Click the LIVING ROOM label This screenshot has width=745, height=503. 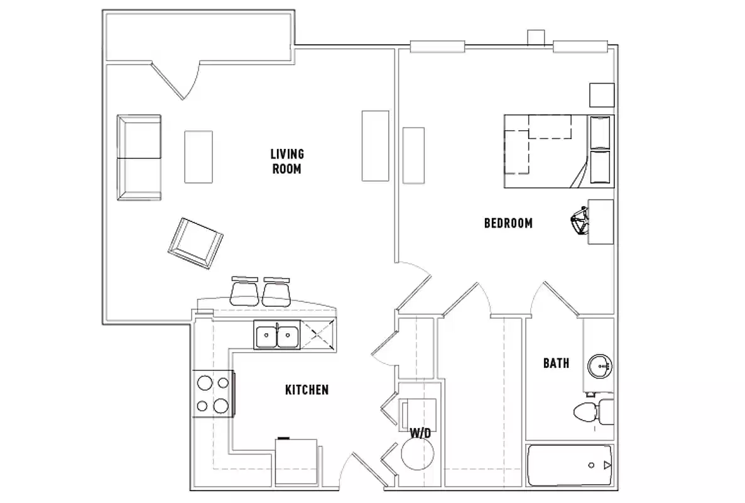click(286, 161)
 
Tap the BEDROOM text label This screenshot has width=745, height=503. click(508, 223)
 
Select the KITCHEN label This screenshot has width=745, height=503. click(307, 390)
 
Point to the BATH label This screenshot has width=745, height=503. click(556, 363)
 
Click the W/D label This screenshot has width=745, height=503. click(419, 433)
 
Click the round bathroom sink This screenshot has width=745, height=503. click(600, 365)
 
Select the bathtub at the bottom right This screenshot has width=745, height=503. click(568, 465)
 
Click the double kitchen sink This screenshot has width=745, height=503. click(277, 335)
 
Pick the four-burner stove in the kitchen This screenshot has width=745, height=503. click(212, 394)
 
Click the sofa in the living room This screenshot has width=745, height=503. click(139, 157)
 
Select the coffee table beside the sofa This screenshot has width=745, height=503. click(198, 157)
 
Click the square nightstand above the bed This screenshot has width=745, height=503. click(601, 95)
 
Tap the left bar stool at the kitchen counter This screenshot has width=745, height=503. click(245, 292)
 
